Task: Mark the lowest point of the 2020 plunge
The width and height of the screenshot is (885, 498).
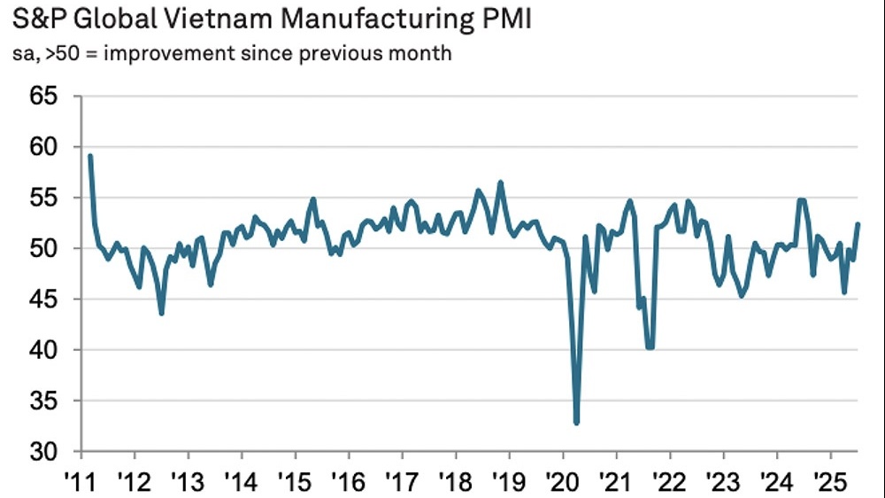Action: (x=577, y=424)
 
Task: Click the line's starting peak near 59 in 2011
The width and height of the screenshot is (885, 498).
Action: (x=90, y=156)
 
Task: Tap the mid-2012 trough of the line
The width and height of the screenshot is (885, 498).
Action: (x=161, y=313)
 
